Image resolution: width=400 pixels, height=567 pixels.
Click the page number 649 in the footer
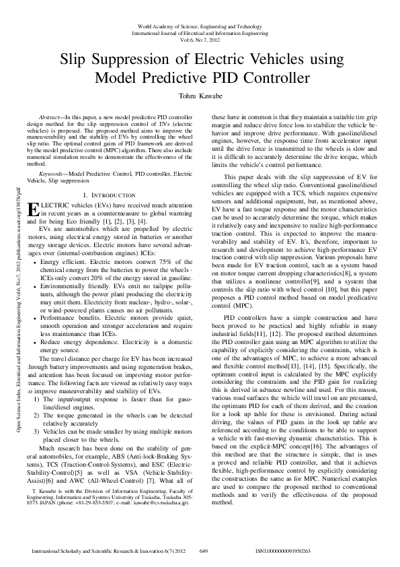pos(204,551)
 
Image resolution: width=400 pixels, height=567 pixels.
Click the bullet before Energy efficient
pos(36,260)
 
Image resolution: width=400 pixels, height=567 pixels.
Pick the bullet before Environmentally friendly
pos(36,285)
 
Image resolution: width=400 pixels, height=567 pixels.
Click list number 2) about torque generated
pos(37,397)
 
